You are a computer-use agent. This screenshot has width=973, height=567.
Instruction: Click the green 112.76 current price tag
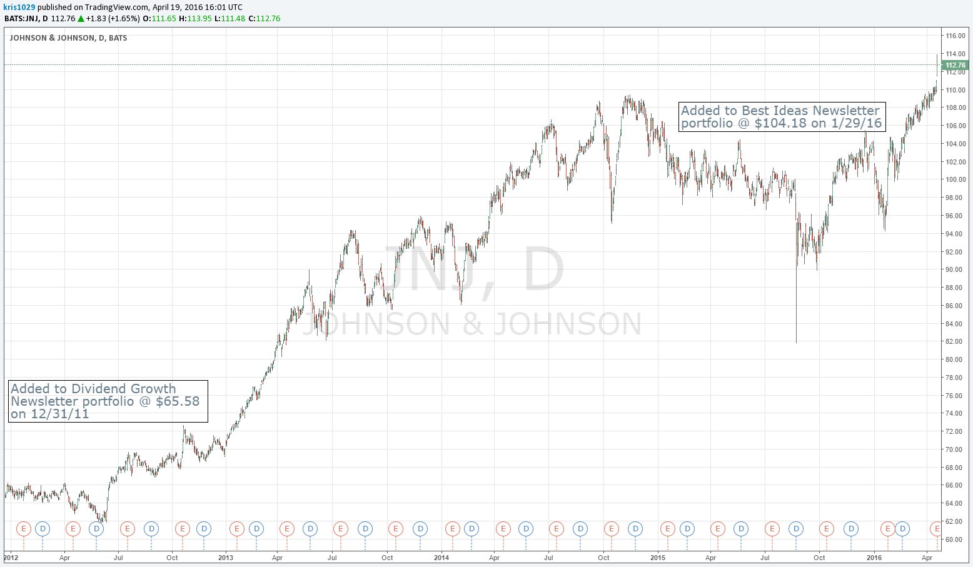[955, 65]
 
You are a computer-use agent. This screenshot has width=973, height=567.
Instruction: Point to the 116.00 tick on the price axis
[955, 36]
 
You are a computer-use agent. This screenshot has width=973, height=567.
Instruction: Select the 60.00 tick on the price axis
[955, 539]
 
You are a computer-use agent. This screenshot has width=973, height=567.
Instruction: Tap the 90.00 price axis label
[955, 270]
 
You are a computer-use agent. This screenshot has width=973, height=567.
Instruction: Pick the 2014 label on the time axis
[441, 558]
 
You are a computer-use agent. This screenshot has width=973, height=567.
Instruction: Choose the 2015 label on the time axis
[658, 558]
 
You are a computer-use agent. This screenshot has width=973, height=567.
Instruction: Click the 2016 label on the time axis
[874, 558]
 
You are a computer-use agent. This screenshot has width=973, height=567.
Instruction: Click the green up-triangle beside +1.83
[81, 19]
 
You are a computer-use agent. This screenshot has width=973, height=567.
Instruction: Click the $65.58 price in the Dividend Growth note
[178, 401]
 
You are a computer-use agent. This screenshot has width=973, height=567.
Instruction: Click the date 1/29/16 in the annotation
[856, 123]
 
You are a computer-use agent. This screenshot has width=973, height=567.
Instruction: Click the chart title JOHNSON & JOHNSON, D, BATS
[68, 38]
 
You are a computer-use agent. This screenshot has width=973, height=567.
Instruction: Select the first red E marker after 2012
[24, 529]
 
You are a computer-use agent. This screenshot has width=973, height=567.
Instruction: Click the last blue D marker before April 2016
[902, 529]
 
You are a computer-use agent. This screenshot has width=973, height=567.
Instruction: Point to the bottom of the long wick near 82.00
[796, 341]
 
